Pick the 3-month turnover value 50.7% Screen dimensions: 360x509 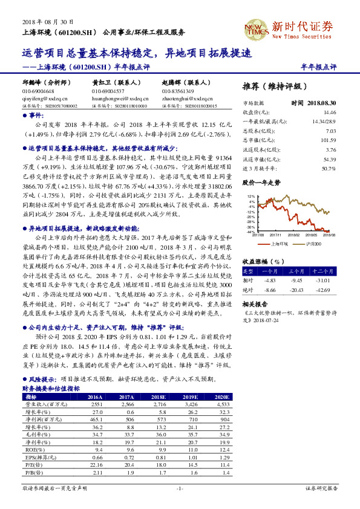coord(329,167)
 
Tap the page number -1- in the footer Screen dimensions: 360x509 coord(179,487)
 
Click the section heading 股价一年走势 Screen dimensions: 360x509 coord(261,181)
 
